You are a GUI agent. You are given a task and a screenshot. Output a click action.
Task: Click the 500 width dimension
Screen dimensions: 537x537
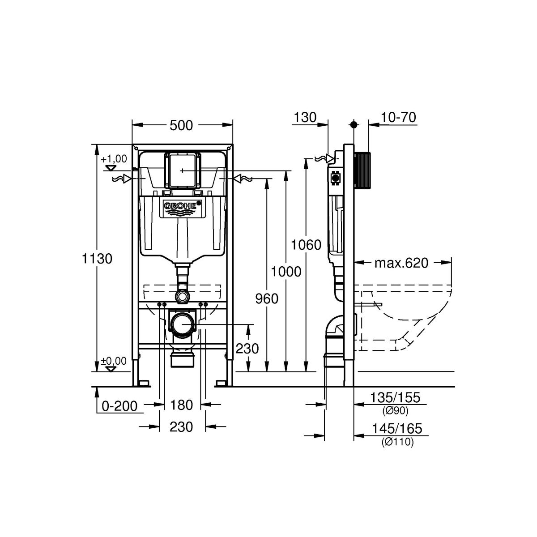(x=181, y=126)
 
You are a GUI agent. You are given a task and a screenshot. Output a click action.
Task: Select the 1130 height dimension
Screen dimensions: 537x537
(x=97, y=259)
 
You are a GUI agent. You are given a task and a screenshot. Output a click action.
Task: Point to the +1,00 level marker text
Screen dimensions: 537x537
(x=114, y=159)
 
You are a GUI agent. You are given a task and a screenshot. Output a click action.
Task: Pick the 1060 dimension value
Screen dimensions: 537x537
(x=306, y=245)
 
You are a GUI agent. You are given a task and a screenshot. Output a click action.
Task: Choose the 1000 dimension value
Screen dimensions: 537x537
(x=286, y=272)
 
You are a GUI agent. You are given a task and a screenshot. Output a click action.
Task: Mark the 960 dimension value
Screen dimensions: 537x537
(x=267, y=299)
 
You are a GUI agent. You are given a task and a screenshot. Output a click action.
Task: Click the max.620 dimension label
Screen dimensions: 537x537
(x=401, y=263)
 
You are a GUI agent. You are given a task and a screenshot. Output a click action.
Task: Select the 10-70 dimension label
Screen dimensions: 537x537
(x=398, y=117)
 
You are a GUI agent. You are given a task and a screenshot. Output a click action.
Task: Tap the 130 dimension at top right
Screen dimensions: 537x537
(x=305, y=117)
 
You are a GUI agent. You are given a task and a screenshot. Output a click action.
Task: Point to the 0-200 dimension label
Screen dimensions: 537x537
(x=119, y=406)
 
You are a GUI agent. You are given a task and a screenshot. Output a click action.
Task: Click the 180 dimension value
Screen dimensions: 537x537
(x=181, y=405)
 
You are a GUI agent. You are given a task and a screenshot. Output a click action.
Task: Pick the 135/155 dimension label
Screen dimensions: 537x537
(x=395, y=397)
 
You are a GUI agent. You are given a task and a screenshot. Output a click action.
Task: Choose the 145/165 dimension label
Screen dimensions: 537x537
(x=397, y=428)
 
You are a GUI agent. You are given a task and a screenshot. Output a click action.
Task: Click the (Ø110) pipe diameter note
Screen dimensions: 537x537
(x=398, y=442)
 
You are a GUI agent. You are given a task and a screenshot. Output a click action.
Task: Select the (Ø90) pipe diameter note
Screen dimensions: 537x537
(x=396, y=411)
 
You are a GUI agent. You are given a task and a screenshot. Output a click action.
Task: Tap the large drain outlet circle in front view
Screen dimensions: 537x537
(x=182, y=324)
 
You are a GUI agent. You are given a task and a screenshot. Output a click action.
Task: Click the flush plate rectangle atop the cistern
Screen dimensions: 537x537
(x=182, y=170)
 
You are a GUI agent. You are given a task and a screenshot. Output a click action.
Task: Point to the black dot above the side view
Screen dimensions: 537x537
(x=354, y=124)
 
